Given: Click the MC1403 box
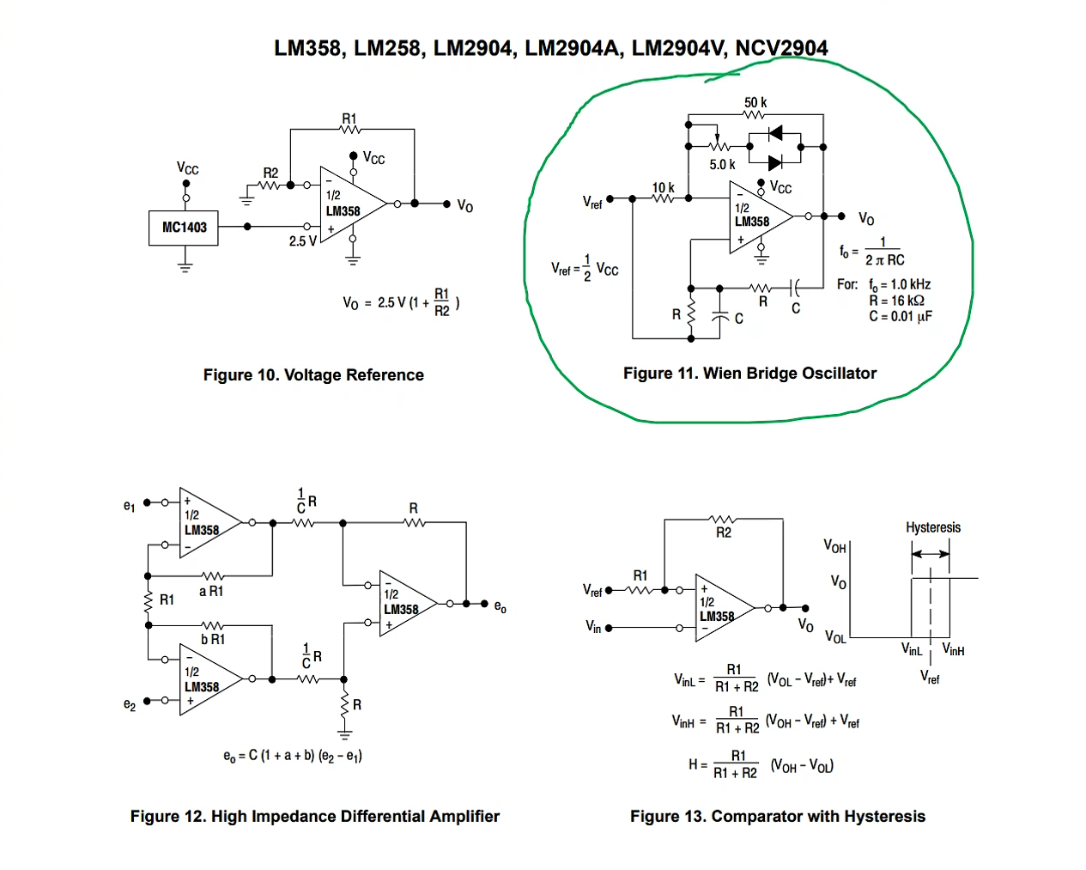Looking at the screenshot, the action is tap(184, 228).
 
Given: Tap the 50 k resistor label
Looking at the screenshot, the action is tap(755, 102).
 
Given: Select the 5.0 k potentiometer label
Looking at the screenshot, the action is tap(722, 165).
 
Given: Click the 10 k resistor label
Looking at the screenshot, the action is tap(663, 188).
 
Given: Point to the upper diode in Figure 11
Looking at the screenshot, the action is tap(775, 133).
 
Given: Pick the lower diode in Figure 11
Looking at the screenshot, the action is tap(775, 162).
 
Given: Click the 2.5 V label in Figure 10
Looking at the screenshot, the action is tap(303, 241).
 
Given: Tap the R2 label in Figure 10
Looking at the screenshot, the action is tap(271, 173).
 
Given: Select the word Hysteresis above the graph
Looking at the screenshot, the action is tap(933, 527).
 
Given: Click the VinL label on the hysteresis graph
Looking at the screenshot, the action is tap(912, 649).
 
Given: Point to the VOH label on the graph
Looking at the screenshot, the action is tap(834, 546).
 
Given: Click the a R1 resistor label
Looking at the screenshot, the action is tap(211, 591).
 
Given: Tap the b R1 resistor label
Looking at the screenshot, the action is tap(213, 639).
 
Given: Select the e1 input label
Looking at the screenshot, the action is tap(129, 506).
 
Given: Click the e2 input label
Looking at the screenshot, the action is tap(129, 705).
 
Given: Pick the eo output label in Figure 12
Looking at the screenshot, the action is tap(501, 606).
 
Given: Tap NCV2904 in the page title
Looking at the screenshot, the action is tap(781, 48).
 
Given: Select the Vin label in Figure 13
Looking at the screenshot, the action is tap(593, 627).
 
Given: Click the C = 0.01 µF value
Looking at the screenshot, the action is tap(901, 317).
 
